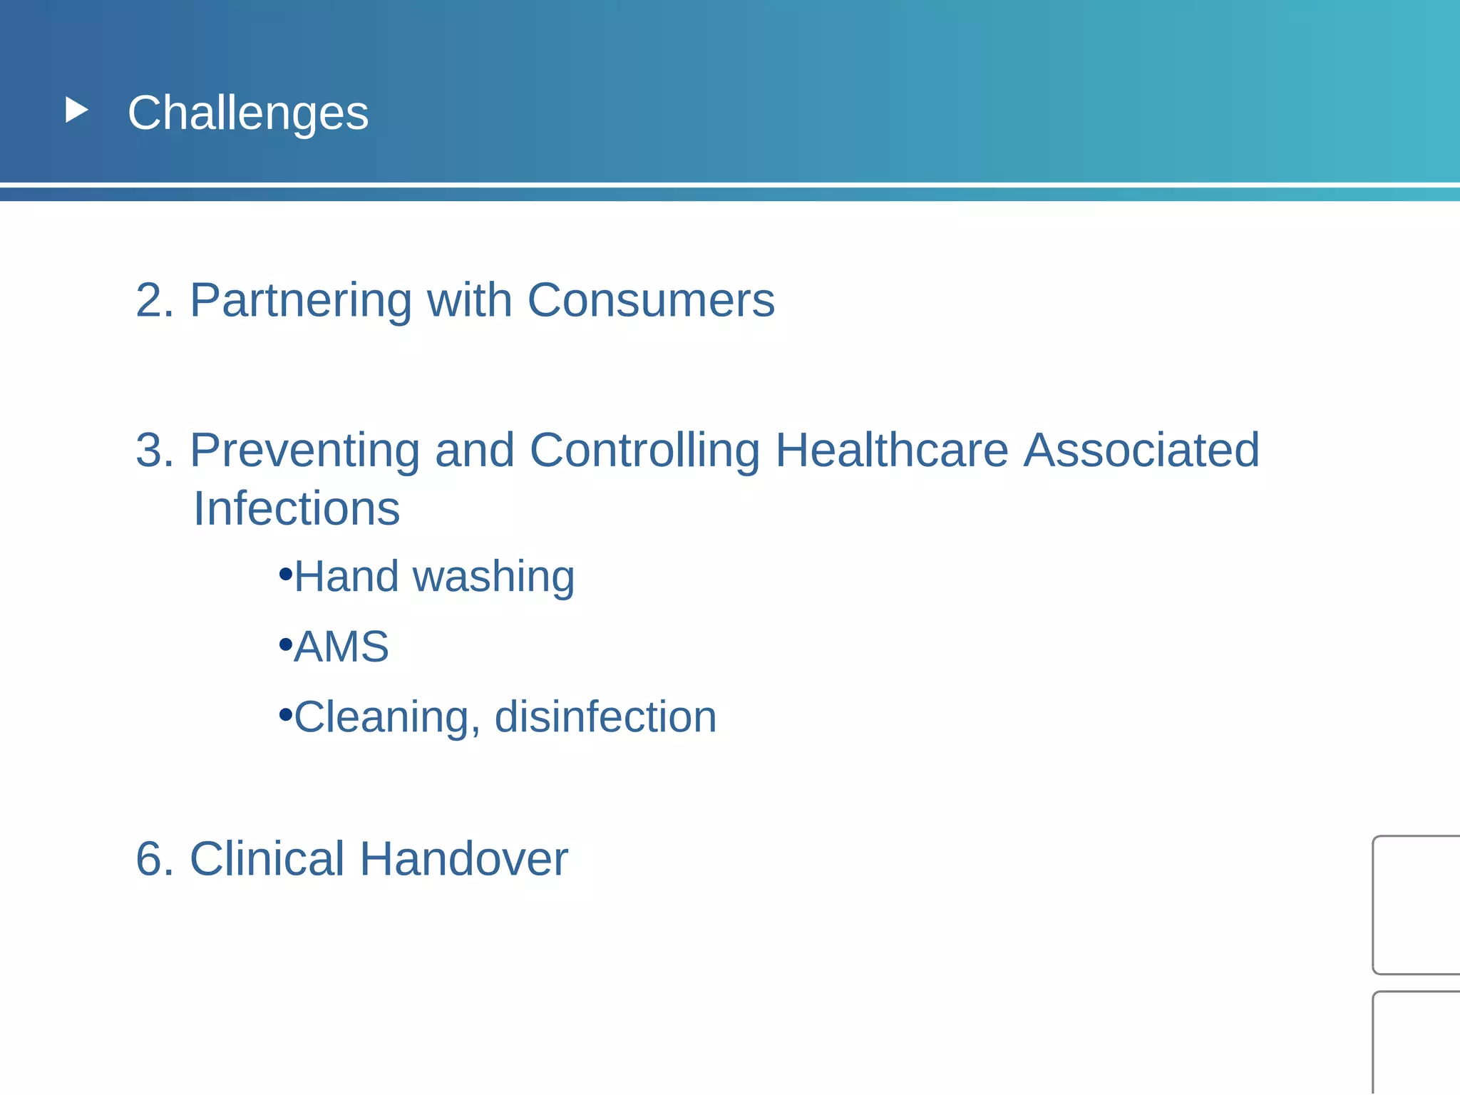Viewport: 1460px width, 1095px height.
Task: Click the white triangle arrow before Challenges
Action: [76, 110]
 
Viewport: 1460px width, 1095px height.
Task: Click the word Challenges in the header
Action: [247, 113]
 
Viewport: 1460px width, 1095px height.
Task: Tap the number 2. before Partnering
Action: [154, 300]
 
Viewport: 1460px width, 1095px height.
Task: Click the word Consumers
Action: [650, 300]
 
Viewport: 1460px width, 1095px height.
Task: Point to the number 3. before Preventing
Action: [154, 451]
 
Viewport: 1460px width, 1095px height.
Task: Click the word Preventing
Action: [304, 451]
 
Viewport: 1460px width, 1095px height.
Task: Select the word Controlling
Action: [644, 451]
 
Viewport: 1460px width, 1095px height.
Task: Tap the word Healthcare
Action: [891, 451]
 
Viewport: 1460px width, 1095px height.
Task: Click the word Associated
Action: [1141, 451]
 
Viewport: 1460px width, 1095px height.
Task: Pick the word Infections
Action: [297, 509]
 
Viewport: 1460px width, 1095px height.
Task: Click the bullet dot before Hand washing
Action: [286, 573]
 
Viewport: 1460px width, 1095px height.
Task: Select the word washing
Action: [493, 577]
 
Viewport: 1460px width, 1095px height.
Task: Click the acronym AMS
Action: [341, 647]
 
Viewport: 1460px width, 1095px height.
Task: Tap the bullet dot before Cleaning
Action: [286, 714]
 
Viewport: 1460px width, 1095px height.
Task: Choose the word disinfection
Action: [605, 717]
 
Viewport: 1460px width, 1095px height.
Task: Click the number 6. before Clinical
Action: [154, 859]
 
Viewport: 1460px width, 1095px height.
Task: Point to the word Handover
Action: [463, 859]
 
